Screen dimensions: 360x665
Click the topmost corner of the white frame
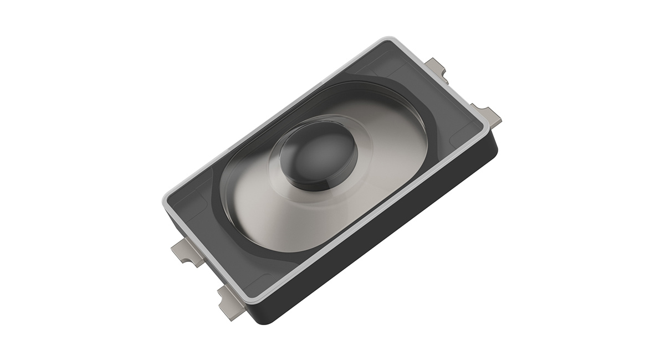[x=386, y=39]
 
